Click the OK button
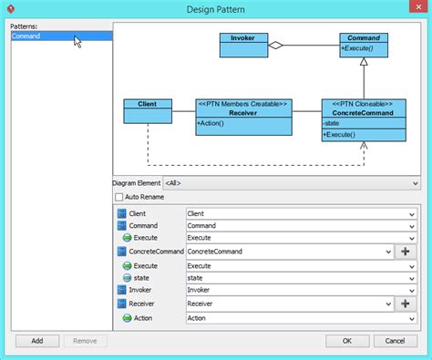point(346,341)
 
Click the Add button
point(36,341)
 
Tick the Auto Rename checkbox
point(118,196)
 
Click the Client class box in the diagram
point(148,110)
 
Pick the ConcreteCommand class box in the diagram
point(364,120)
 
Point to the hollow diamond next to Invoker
point(275,44)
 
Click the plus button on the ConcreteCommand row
point(405,252)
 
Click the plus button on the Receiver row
point(405,303)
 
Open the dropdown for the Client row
point(412,213)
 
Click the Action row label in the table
point(143,318)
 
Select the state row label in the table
point(141,277)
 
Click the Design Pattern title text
point(216,9)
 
